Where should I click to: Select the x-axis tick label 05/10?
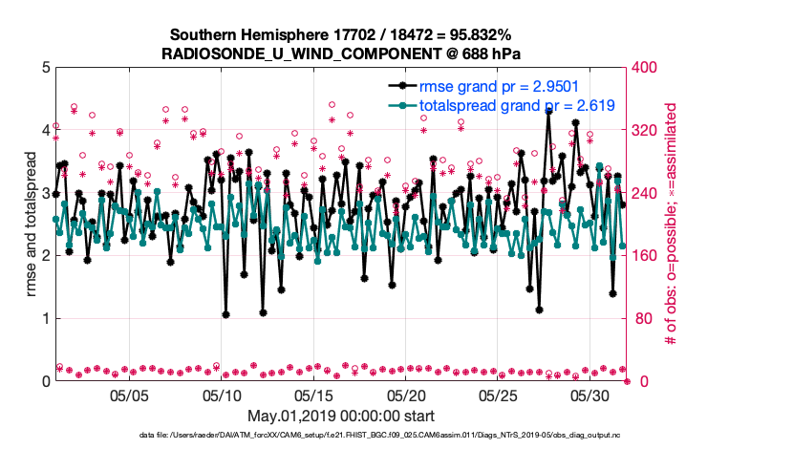coord(222,395)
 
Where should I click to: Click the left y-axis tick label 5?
coord(46,68)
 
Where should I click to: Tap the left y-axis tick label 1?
coord(46,319)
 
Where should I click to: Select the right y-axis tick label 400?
coord(647,68)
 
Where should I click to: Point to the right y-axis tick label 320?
coord(647,130)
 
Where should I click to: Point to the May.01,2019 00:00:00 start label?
coord(341,416)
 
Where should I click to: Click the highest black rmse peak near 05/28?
coord(548,111)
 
